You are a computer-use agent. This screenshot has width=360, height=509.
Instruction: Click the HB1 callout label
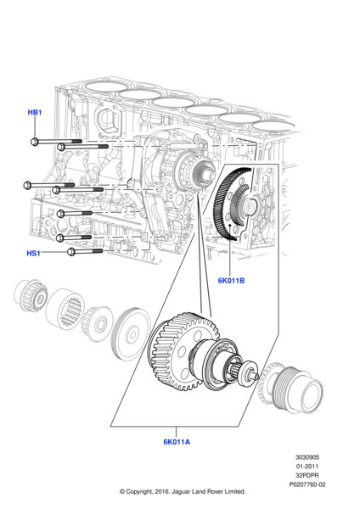click(35, 112)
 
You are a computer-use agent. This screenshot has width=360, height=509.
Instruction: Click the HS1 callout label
click(33, 253)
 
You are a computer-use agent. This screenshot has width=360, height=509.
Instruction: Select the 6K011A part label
click(177, 442)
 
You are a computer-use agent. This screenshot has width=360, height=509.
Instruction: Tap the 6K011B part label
click(231, 281)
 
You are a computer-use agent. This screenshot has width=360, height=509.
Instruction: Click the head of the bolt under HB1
click(35, 142)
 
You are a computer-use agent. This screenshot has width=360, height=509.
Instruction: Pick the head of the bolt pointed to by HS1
click(72, 252)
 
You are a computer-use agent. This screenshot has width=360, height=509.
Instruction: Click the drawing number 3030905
click(307, 457)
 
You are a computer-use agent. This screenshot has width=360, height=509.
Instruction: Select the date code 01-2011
click(307, 466)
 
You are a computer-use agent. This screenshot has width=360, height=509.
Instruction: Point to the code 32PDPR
click(307, 475)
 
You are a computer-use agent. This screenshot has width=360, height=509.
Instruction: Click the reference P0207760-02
click(307, 484)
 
